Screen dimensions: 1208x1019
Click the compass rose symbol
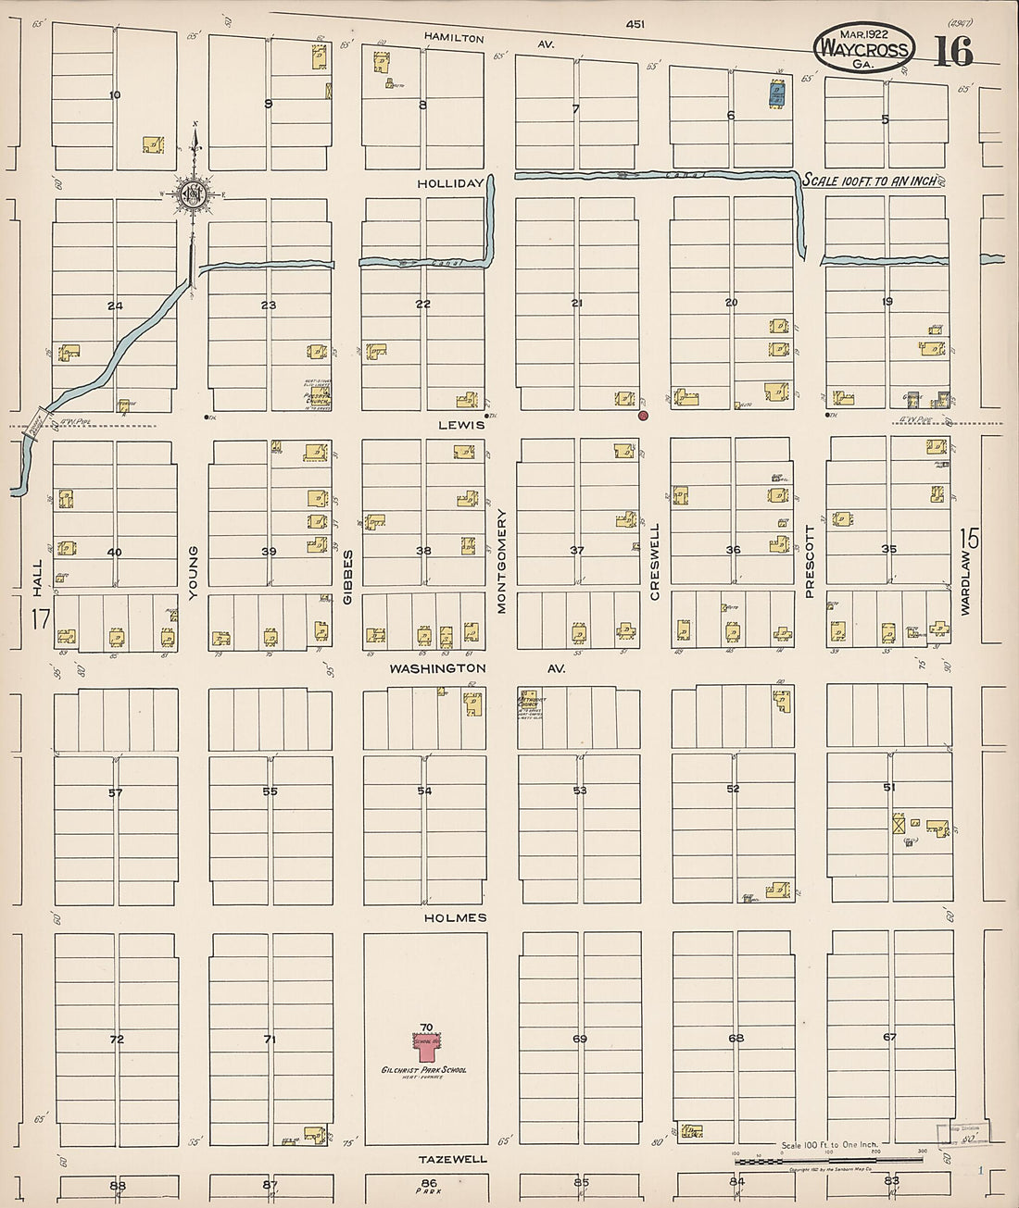tap(195, 193)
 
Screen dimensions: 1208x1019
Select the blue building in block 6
tap(777, 93)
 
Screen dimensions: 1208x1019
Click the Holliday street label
tap(450, 183)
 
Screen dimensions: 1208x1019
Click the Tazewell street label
tap(453, 1159)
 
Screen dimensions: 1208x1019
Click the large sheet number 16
tap(952, 53)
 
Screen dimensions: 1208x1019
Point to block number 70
tap(426, 1027)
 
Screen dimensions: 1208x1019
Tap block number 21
tap(577, 304)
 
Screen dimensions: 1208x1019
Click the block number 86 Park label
tap(427, 1186)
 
